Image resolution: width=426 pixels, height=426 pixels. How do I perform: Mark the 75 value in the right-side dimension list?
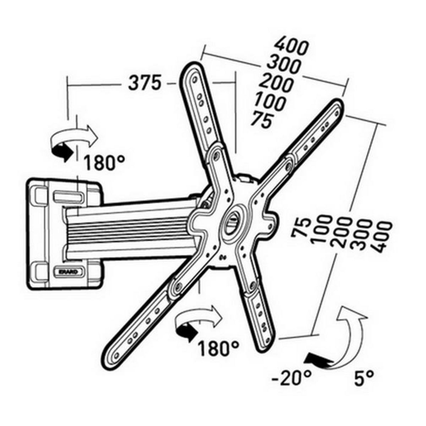coord(301,228)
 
